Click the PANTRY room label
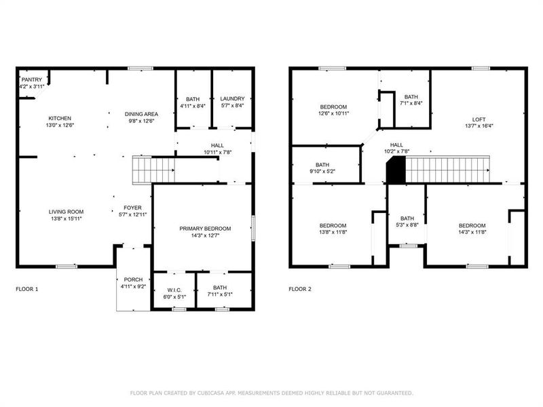click(31, 80)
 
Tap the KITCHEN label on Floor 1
click(60, 118)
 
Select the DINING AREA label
click(141, 114)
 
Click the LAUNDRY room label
click(233, 100)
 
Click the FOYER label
click(132, 208)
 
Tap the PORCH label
click(132, 279)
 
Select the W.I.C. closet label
click(174, 289)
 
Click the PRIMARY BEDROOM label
click(205, 229)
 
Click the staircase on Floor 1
click(153, 170)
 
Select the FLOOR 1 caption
click(27, 289)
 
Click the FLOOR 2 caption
click(300, 289)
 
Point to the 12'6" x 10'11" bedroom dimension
click(333, 113)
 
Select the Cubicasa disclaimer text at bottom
click(271, 393)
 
